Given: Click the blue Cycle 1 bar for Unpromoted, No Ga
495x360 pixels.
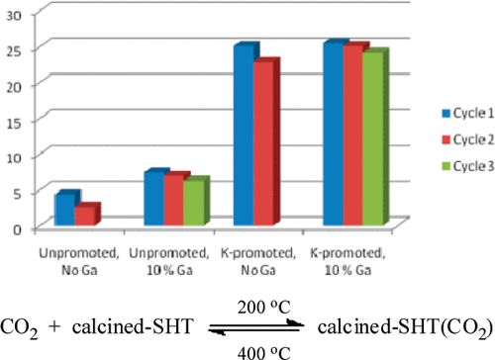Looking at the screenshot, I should pyautogui.click(x=64, y=210).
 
